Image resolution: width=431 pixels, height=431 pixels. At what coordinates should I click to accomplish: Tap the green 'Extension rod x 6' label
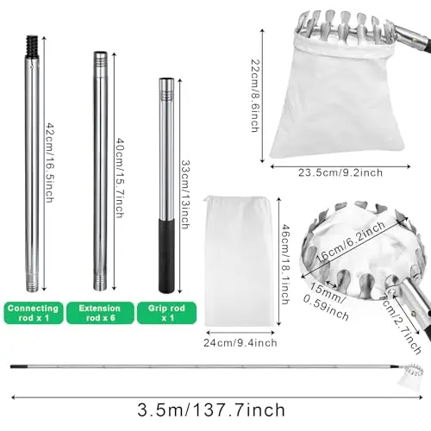click(x=98, y=312)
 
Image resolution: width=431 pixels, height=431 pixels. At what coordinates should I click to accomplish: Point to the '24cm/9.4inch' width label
click(x=240, y=342)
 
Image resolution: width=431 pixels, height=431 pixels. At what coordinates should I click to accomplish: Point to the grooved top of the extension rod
click(x=99, y=64)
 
